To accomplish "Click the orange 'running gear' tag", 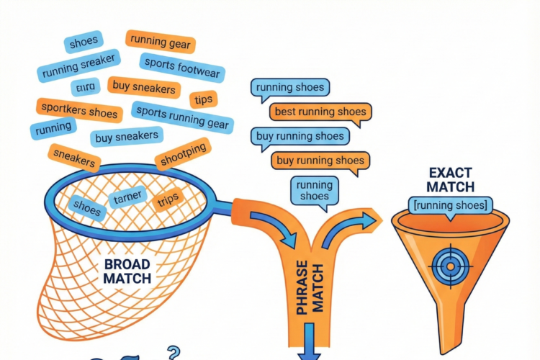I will tap(158, 42).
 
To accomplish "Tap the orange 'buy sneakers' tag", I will tap(144, 89).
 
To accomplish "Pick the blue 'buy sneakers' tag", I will tap(127, 135).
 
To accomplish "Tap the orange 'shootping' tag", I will tap(184, 153).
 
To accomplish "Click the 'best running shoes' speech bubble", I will tap(320, 112).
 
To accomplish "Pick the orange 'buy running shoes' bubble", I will tap(320, 160).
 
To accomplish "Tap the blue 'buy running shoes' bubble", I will tap(300, 136).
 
